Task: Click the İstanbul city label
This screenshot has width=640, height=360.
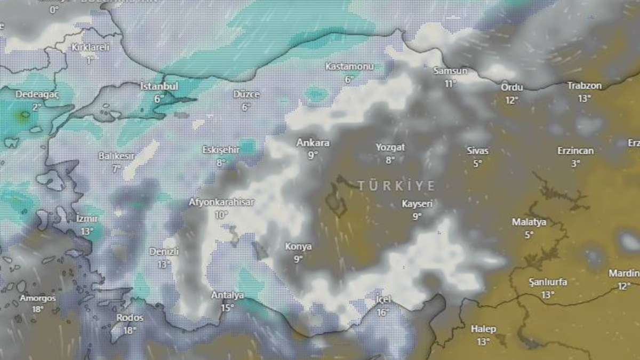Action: click(x=159, y=86)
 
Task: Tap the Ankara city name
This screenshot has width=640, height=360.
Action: click(x=313, y=143)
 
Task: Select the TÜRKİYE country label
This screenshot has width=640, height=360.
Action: click(x=396, y=186)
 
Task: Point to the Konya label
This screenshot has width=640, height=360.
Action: click(x=298, y=247)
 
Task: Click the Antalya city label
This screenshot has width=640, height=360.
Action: click(x=228, y=295)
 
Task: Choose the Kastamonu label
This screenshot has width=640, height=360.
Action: click(x=349, y=67)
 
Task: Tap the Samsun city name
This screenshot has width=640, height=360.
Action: click(x=450, y=71)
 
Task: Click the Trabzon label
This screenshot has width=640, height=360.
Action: click(x=584, y=86)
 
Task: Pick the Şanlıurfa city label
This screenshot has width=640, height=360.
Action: click(x=548, y=282)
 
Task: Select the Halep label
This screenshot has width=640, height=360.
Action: click(x=483, y=329)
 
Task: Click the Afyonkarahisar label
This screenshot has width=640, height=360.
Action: click(x=221, y=202)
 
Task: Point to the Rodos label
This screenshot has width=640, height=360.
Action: click(x=130, y=318)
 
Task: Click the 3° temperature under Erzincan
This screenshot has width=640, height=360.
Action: click(x=575, y=164)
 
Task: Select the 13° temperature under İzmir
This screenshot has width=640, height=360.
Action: click(x=87, y=231)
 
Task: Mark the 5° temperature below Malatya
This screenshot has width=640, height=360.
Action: click(x=529, y=235)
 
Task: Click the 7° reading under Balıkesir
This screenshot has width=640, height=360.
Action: click(x=116, y=169)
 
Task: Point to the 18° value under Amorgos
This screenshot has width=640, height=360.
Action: click(x=37, y=309)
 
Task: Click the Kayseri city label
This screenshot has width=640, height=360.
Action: click(x=417, y=204)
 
